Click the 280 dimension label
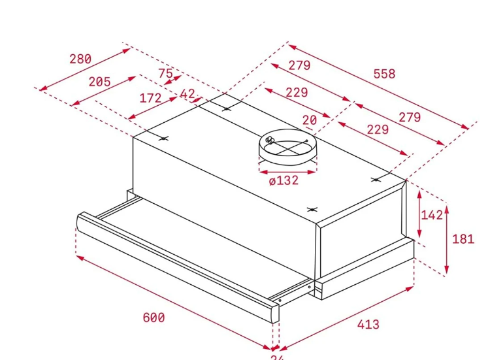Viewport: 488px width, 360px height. pos(80,59)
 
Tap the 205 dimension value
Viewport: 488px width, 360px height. pos(99,82)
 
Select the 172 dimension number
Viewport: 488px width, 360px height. pos(150,98)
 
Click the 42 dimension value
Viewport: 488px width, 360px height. pos(187,95)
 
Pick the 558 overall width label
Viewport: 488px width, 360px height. pos(384,74)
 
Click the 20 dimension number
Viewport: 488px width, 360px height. pos(310,120)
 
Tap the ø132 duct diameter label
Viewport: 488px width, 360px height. pos(284,180)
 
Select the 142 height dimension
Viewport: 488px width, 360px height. pos(432,214)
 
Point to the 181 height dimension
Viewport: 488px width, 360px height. pos(463,238)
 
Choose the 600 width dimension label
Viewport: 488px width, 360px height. pos(154,318)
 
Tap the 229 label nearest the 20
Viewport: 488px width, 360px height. pos(377,129)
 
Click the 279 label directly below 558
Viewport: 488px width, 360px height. pos(299,65)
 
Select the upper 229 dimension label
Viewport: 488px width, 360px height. pos(296,92)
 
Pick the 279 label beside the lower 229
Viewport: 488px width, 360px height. pos(410,118)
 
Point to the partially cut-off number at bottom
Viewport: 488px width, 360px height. pos(277,357)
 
